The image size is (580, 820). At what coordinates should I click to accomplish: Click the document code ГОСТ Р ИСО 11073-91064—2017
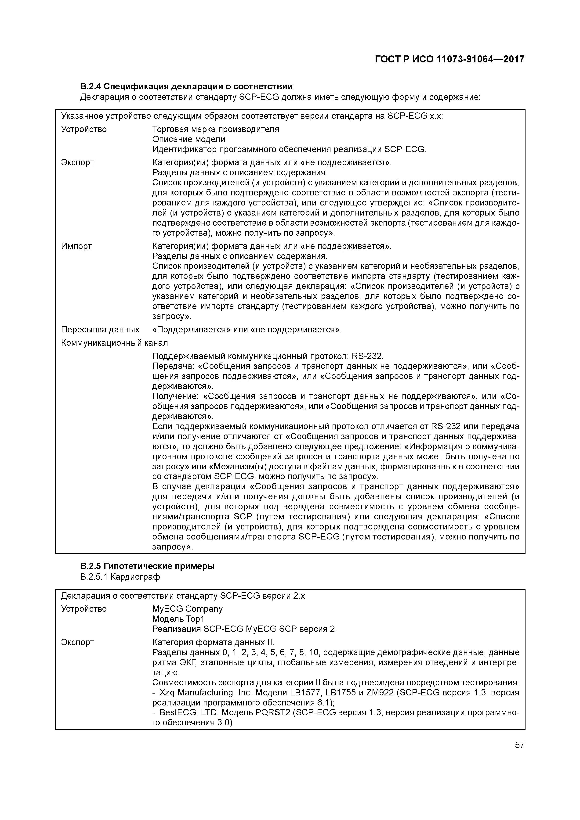click(449, 59)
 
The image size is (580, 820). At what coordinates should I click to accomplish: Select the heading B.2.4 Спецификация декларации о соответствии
click(186, 86)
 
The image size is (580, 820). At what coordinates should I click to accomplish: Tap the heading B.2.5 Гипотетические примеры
click(147, 566)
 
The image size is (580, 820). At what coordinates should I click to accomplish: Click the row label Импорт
click(76, 246)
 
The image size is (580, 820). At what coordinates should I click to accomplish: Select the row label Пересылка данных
click(100, 329)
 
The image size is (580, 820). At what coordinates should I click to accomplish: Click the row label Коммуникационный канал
click(114, 343)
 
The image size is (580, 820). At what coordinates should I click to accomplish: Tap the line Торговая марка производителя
click(215, 129)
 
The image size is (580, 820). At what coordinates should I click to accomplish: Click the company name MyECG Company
click(187, 609)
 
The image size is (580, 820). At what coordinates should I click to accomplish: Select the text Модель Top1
click(178, 619)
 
